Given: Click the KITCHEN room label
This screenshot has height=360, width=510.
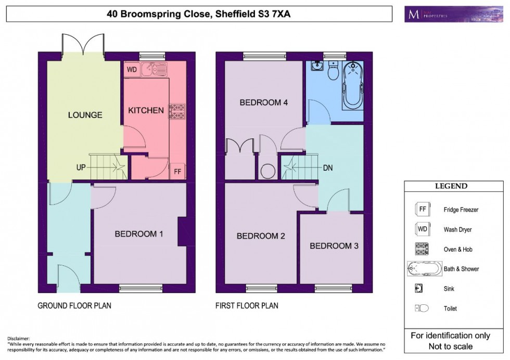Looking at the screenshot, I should tap(146, 110).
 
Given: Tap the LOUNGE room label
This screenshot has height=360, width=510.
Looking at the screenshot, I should tap(85, 115).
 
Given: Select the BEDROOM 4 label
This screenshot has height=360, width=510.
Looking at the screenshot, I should tap(264, 102).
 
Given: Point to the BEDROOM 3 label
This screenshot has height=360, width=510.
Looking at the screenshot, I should tap(334, 246).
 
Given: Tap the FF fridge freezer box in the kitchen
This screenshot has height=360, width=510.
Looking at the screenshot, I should tap(177, 172).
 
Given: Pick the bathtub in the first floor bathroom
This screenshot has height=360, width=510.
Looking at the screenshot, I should tap(352, 85).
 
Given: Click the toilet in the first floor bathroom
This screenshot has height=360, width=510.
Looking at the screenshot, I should tap(334, 70).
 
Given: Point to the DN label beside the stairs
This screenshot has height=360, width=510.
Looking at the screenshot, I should tap(328, 168).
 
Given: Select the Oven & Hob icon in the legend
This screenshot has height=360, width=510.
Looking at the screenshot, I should tap(422, 249).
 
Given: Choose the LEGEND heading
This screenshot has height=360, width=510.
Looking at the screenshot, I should tap(451, 186).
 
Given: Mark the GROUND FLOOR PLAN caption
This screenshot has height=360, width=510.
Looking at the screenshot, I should tap(74, 305).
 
